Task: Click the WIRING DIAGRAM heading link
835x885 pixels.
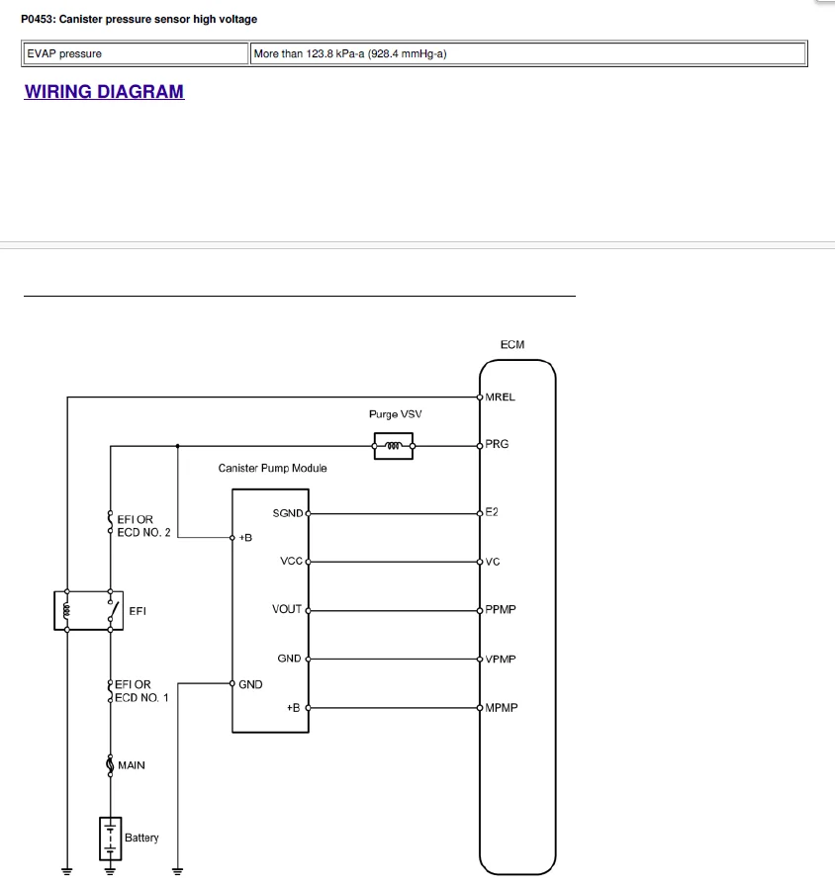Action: (x=104, y=92)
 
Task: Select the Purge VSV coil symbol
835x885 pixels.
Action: (x=393, y=446)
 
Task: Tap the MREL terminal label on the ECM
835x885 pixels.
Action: (x=501, y=398)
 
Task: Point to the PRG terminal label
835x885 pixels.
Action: (x=497, y=445)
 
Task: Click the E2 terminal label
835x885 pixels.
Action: (x=492, y=512)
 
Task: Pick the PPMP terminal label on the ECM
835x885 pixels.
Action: (x=501, y=609)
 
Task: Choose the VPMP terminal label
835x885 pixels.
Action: (x=501, y=659)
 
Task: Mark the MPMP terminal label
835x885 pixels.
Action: (x=502, y=708)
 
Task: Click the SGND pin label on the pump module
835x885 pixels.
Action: (x=287, y=513)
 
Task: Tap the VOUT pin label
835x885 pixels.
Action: (x=287, y=609)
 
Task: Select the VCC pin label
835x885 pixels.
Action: (x=291, y=562)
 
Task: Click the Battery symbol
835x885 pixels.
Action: (x=110, y=838)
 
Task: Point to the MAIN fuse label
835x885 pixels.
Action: (x=131, y=765)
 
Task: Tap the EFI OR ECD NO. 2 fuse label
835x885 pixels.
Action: (x=143, y=526)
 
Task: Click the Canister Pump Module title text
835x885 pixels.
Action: (x=272, y=468)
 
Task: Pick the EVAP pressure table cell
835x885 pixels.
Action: (x=135, y=53)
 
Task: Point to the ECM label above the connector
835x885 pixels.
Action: (x=512, y=345)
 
